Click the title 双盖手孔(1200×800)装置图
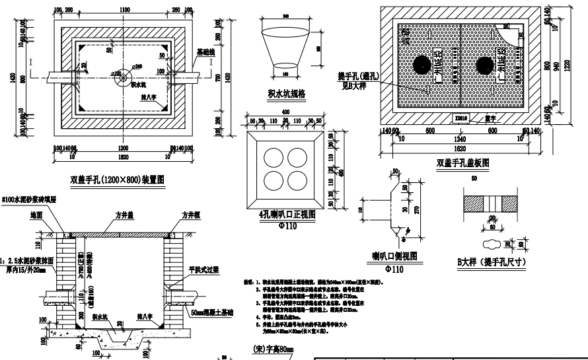tap(117, 179)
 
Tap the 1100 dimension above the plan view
tap(124, 10)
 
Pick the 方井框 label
tap(192, 216)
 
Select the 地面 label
tap(36, 216)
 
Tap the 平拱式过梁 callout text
tap(204, 270)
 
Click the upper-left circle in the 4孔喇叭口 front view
tap(272, 157)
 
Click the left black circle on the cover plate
tap(422, 64)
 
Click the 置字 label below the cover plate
tap(490, 119)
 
